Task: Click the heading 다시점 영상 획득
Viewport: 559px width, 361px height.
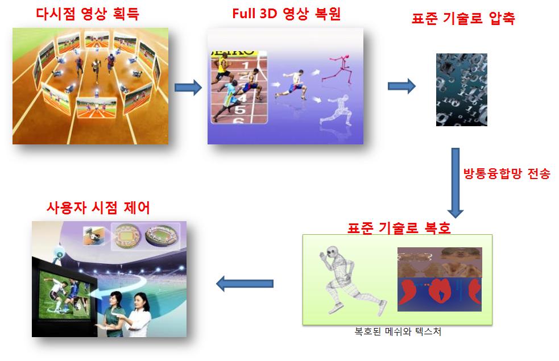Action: pos(88,14)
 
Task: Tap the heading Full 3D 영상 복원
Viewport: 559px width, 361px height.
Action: pos(286,14)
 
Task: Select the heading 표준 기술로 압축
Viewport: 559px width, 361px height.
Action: pos(463,18)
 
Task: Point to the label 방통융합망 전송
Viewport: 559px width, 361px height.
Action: pos(507,173)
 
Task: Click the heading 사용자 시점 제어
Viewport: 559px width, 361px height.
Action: pos(98,207)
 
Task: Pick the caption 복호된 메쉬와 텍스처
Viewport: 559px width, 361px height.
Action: pos(398,331)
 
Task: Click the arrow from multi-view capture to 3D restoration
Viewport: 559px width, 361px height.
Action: pos(188,88)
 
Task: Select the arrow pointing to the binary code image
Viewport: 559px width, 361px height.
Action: pos(401,86)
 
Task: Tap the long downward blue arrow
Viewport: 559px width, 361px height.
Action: pos(456,182)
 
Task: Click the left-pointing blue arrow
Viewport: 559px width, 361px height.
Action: pos(245,284)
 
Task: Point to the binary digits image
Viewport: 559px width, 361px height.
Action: pos(462,89)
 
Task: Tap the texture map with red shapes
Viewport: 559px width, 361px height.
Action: pos(440,279)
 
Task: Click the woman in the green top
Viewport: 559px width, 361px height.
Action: pos(115,314)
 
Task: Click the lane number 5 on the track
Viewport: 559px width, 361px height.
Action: pos(239,109)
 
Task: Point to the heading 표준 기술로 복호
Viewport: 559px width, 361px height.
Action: pos(399,228)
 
